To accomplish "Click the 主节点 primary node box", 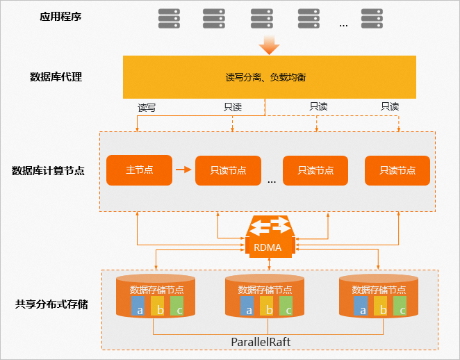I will pos(139,170).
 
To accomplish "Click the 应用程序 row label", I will pos(60,15).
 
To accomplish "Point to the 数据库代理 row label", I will pos(56,77).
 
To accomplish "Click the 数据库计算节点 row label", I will pos(49,170).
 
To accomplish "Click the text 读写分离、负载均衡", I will pos(266,77).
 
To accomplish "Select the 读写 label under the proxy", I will pos(147,108).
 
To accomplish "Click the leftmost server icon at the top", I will pos(168,18).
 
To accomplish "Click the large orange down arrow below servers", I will pos(268,45).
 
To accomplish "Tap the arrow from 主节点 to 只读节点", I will pos(182,169).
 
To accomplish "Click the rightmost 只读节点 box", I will pos(397,170).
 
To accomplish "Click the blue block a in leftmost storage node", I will pos(139,306).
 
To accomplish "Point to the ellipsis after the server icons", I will pos(343,24).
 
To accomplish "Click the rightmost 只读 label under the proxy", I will pos(390,106).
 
